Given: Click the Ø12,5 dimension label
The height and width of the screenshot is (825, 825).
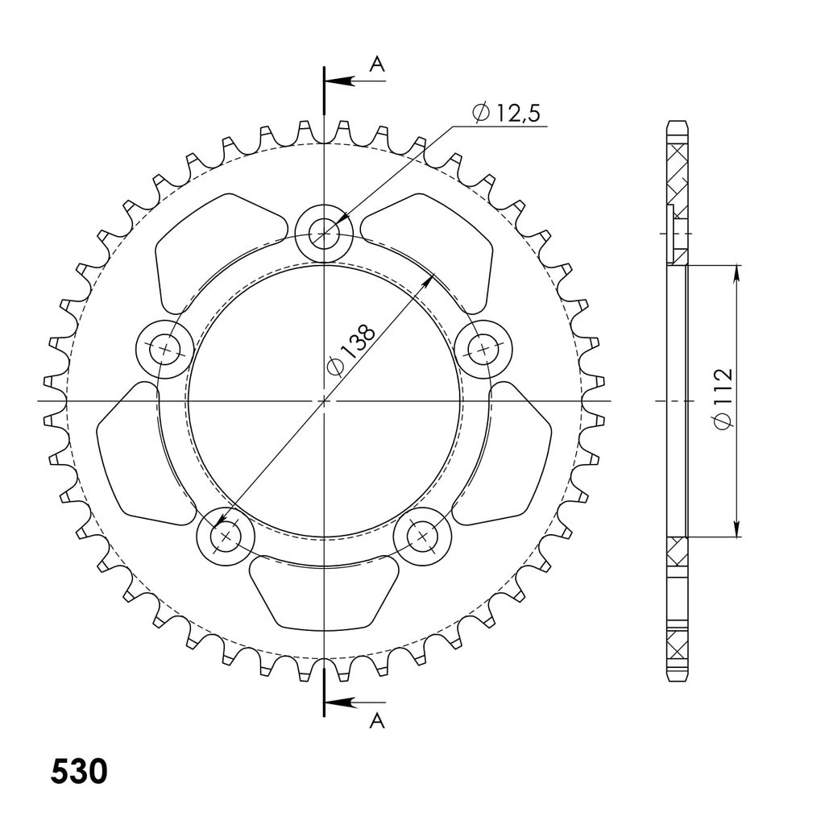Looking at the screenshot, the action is pyautogui.click(x=506, y=113).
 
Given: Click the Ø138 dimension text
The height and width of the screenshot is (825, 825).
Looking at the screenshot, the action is pyautogui.click(x=351, y=350).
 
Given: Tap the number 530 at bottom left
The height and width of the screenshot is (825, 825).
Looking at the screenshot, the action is pyautogui.click(x=79, y=772).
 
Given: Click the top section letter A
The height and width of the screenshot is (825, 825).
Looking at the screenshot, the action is pyautogui.click(x=377, y=64).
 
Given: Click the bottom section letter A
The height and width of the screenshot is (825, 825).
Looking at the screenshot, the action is pyautogui.click(x=377, y=720).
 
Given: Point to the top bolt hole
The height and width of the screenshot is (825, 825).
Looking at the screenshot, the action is pyautogui.click(x=324, y=233).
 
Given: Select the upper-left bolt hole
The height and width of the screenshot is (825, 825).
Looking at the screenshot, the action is pyautogui.click(x=164, y=349).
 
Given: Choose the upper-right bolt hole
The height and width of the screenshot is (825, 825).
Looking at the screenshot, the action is pyautogui.click(x=483, y=348).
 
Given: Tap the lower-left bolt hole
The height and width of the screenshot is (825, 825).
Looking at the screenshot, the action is pyautogui.click(x=226, y=537).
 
